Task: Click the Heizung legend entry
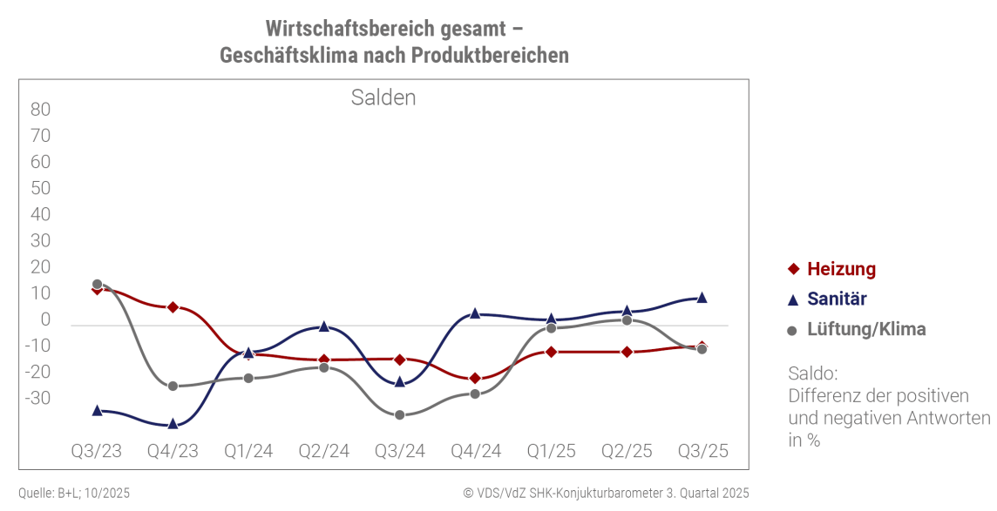(841, 269)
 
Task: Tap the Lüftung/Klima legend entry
(866, 330)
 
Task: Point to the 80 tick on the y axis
(41, 110)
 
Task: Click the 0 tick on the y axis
(45, 319)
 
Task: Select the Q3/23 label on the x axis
(97, 451)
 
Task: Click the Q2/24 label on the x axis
(323, 451)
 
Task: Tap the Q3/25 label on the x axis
(702, 451)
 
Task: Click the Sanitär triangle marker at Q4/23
(173, 423)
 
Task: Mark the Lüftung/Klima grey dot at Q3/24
(399, 414)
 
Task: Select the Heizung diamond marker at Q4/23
(173, 307)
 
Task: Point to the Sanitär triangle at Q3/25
(702, 298)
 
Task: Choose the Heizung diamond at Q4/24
(475, 378)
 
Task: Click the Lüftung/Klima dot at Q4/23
(173, 386)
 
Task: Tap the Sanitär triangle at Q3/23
(97, 410)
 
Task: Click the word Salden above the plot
(383, 97)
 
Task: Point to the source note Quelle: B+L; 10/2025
(74, 493)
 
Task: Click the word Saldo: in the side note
(812, 373)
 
